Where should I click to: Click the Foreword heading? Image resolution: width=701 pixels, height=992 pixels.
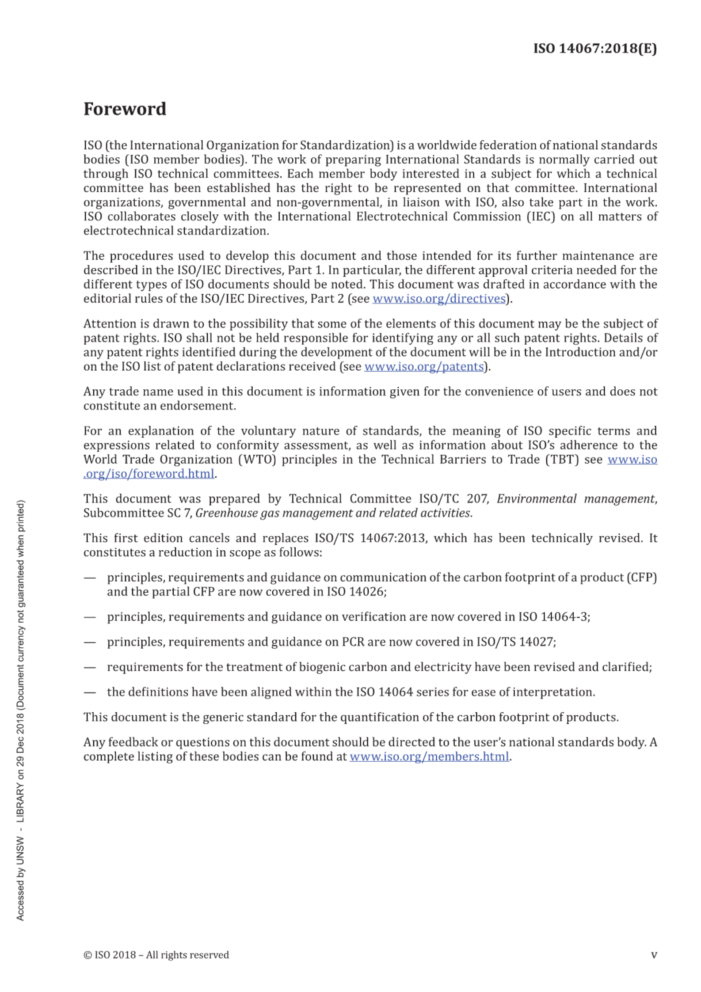(125, 109)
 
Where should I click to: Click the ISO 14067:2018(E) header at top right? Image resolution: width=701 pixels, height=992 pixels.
(594, 48)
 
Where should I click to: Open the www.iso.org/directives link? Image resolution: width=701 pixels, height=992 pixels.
(438, 299)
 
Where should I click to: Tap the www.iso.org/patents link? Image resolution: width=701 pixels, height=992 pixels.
(423, 367)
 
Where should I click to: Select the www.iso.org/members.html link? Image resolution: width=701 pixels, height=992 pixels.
(429, 756)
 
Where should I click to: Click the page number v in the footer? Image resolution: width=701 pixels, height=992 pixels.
(654, 955)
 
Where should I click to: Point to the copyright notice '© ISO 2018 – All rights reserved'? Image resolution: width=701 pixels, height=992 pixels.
(156, 955)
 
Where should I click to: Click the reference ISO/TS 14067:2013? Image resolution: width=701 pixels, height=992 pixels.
(370, 538)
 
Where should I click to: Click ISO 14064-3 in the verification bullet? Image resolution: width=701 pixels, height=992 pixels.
(554, 617)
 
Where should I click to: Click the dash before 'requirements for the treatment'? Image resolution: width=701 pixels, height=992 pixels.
(90, 667)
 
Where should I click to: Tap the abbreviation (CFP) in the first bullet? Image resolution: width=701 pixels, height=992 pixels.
(642, 578)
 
